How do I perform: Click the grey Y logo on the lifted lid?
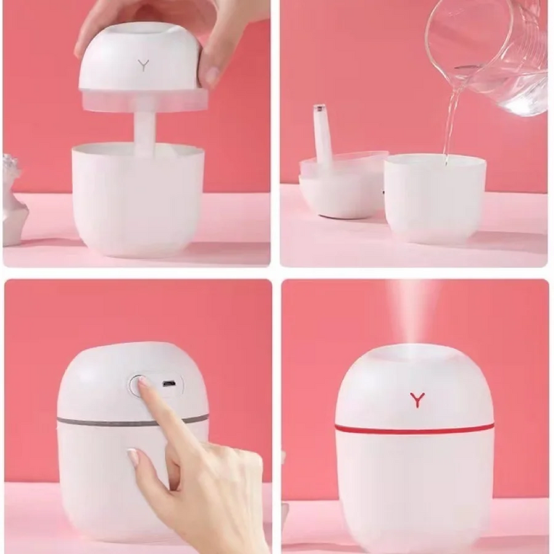tap(143, 65)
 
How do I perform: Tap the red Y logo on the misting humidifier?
tap(417, 400)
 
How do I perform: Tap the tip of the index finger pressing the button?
tap(141, 382)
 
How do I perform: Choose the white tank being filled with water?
tap(435, 197)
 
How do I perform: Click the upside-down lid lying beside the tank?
tap(339, 187)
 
